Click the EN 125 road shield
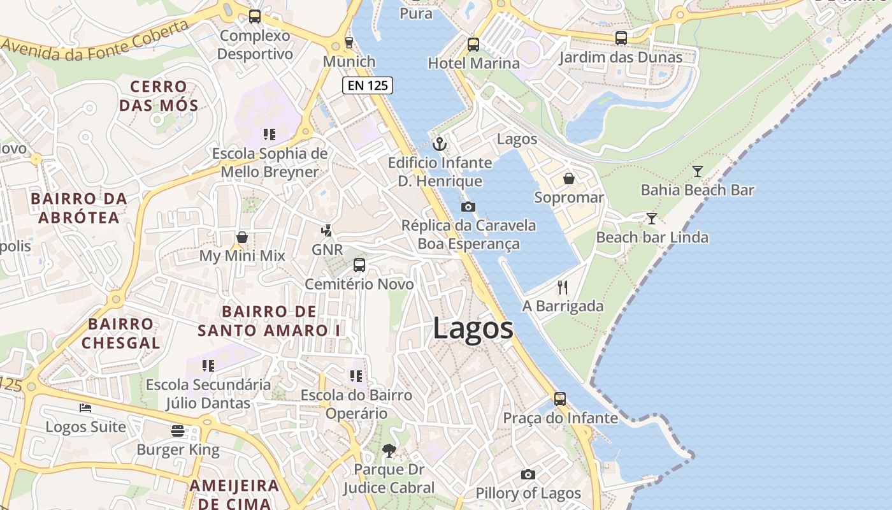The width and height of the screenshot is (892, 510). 367,85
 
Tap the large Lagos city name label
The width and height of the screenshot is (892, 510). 473,329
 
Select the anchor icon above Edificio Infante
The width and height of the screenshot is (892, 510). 439,145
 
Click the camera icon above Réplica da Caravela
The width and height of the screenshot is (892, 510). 468,207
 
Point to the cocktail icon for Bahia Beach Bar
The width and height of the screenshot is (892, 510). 698,171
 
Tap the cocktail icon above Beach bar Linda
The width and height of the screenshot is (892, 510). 651,219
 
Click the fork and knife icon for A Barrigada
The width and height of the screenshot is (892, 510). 562,288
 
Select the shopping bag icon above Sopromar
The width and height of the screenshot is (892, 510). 569,178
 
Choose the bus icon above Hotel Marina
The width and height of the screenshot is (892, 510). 473,45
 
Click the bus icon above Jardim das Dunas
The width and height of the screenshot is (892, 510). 621,38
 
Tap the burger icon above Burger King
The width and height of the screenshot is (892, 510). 178,431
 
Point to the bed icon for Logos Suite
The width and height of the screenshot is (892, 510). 85,407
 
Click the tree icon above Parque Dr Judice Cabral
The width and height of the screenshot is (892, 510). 389,451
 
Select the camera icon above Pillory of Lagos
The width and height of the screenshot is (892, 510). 528,474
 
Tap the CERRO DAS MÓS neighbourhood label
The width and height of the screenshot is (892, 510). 159,96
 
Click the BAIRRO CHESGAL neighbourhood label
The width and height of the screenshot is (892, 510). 121,333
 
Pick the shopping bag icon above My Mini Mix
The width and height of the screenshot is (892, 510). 242,237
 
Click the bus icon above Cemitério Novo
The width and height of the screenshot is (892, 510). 359,265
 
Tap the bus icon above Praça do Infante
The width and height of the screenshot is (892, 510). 560,399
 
